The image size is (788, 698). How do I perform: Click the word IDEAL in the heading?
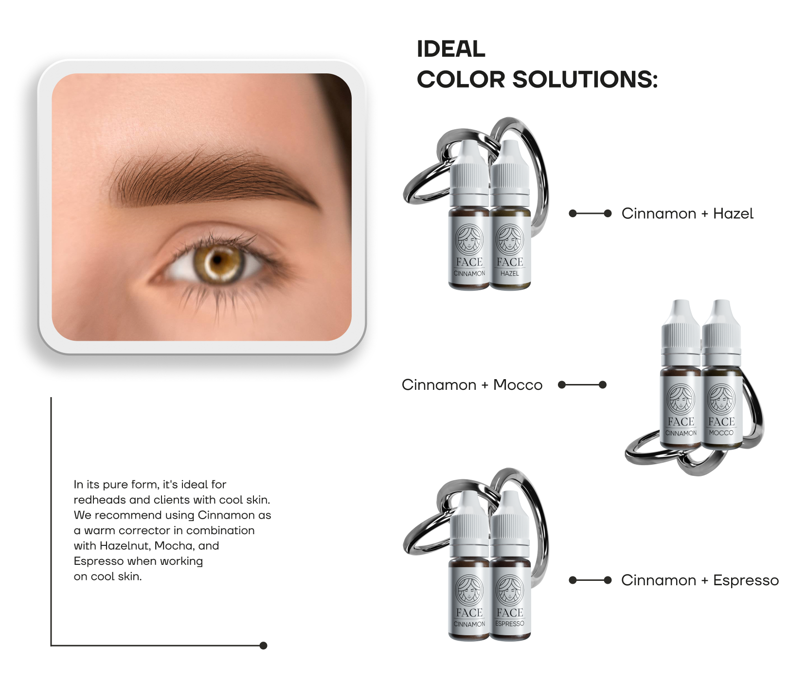[451, 49]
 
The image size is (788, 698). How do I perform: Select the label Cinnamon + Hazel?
[687, 213]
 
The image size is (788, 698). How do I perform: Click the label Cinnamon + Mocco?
[472, 385]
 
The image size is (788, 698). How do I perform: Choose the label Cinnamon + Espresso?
[699, 580]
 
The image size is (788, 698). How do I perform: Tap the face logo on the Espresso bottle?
[510, 590]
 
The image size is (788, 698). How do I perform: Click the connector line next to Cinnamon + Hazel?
[590, 213]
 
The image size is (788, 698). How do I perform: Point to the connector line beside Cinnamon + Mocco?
[582, 385]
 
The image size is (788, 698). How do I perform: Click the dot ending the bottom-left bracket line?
[263, 646]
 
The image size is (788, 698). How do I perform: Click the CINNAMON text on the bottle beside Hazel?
[469, 274]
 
